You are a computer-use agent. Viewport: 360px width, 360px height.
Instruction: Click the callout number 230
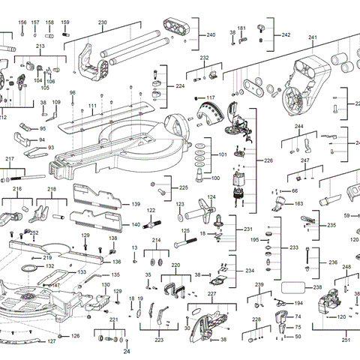point(103,22)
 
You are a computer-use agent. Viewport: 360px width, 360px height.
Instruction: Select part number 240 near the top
point(211,35)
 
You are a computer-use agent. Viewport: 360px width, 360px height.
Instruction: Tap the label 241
point(313,37)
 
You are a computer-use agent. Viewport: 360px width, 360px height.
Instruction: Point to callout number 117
point(210,98)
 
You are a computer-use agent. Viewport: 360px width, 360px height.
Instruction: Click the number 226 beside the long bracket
point(268,160)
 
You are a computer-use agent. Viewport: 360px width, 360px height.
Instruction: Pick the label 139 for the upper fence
point(136,204)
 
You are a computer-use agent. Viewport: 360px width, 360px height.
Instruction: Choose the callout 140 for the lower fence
point(136,224)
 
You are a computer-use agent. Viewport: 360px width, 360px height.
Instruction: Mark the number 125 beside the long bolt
point(184,231)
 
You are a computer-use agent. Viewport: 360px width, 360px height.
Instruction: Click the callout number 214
point(157,241)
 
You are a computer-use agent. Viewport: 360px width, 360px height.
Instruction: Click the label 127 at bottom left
point(51,341)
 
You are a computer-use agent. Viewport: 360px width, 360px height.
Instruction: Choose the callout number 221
point(113,319)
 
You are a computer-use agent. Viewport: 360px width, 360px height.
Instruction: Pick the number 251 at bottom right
point(346,340)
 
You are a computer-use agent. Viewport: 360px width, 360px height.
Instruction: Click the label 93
point(51,148)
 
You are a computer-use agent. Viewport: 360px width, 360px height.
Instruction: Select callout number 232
point(204,58)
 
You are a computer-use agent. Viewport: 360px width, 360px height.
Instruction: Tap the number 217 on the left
point(10,159)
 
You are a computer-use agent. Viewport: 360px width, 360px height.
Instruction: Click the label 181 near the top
point(241,28)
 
